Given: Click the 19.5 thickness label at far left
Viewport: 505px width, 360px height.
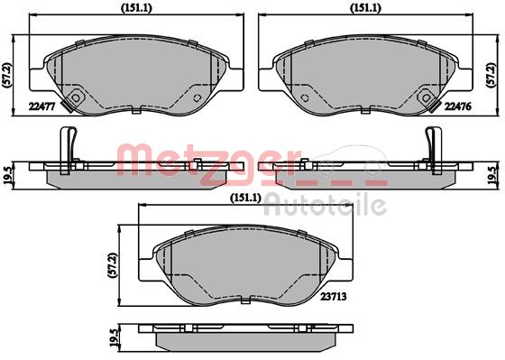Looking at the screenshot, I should click(8, 172).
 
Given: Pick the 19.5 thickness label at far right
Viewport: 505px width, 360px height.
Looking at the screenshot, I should click(495, 172).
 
